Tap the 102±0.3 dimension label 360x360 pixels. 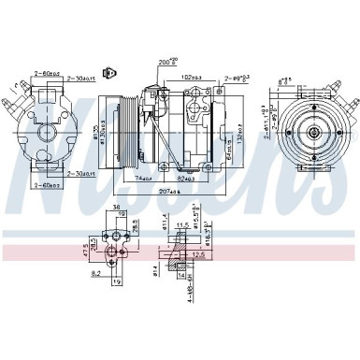click(x=191, y=76)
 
